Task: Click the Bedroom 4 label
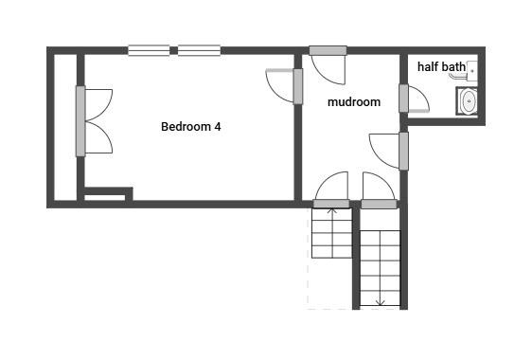pos(191,126)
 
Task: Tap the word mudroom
pos(354,102)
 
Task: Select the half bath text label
pos(441,67)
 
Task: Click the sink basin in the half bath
pos(468,100)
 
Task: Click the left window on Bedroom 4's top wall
pos(149,50)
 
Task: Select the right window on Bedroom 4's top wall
pos(199,50)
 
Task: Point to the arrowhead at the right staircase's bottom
pos(380,303)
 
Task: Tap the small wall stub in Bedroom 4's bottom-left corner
pos(106,196)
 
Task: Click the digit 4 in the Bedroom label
pos(218,126)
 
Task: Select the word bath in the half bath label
pos(454,67)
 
